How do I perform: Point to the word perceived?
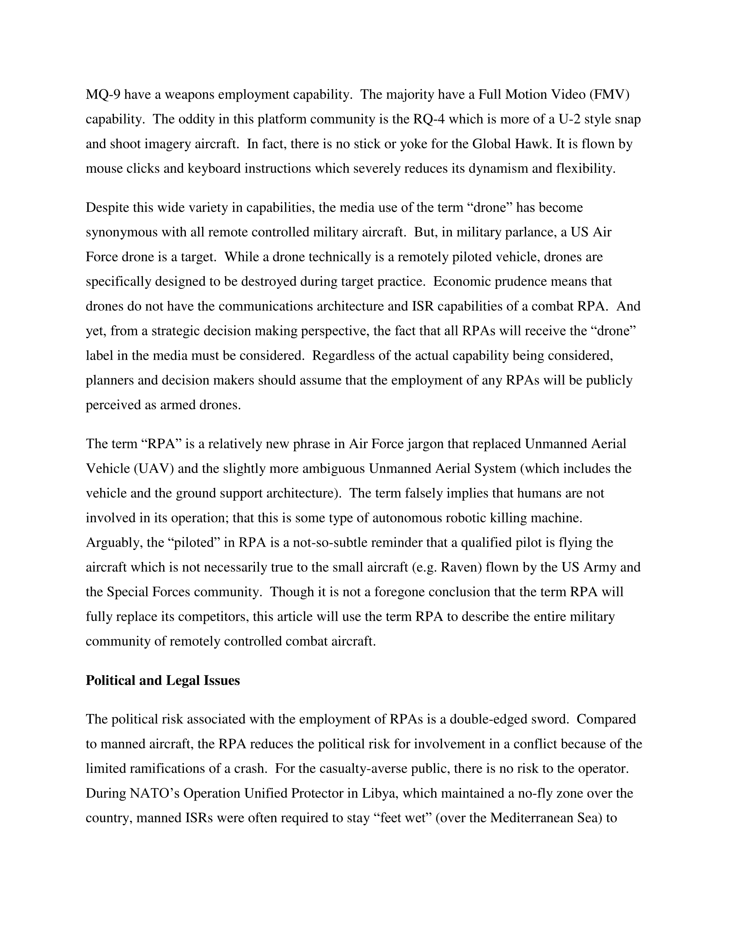click(114, 405)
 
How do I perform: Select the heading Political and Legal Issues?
click(162, 680)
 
